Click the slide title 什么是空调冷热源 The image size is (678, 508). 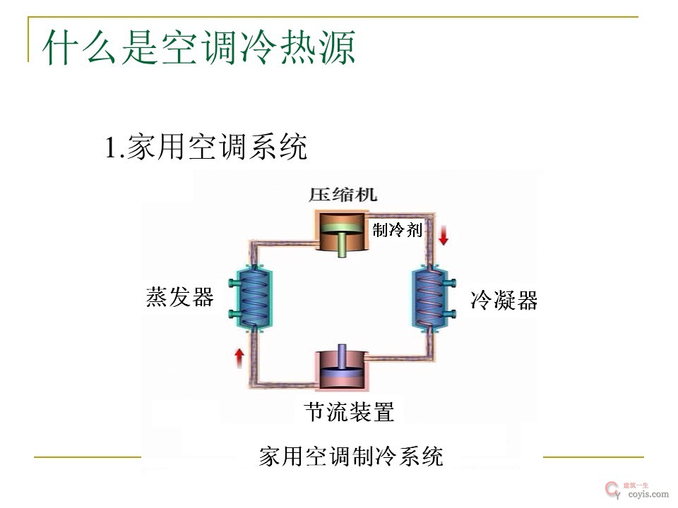[198, 48]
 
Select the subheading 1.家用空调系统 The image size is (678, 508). [206, 147]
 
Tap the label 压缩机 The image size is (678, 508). [343, 194]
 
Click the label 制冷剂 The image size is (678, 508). [397, 229]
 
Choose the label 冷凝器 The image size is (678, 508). [504, 301]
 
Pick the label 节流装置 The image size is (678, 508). [349, 411]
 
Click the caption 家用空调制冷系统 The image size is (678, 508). [351, 456]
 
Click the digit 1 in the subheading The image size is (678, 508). [110, 148]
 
